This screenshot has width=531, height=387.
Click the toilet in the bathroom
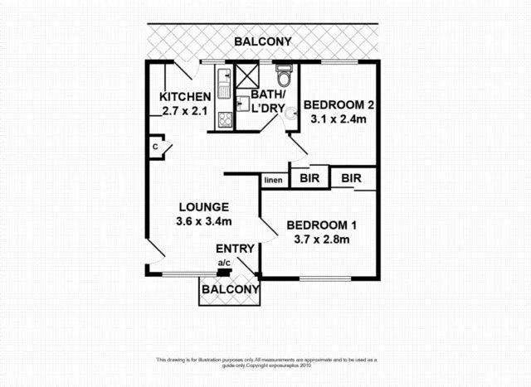tap(284, 77)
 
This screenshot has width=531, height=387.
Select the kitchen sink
tap(224, 81)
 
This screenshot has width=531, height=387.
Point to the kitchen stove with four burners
tap(225, 119)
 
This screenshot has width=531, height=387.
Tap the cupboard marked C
tap(155, 148)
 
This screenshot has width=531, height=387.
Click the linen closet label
tap(273, 180)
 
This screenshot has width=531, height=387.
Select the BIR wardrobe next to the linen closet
tap(310, 178)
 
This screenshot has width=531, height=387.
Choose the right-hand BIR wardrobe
tap(352, 178)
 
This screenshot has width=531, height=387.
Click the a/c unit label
tap(223, 264)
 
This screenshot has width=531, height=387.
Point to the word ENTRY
tap(235, 249)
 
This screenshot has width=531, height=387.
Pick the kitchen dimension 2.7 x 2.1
tap(184, 111)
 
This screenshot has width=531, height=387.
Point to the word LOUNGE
tap(203, 207)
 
